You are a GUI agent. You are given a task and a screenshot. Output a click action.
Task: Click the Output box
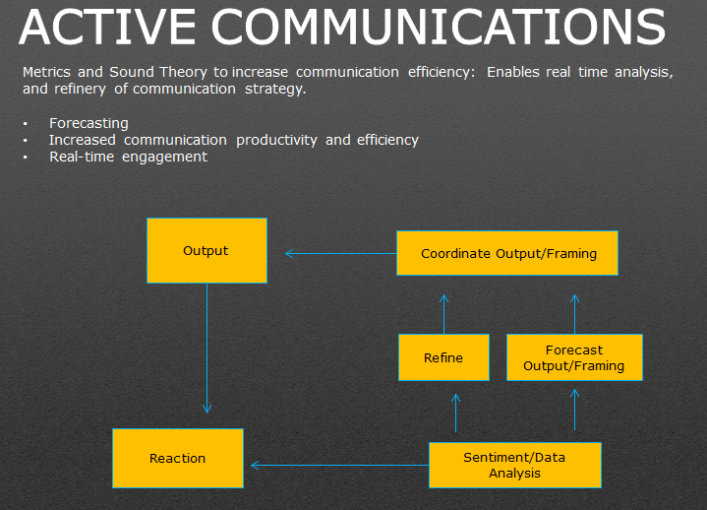tap(206, 251)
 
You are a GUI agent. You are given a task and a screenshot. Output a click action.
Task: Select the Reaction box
tap(178, 458)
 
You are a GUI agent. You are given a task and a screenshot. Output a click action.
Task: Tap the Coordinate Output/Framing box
tap(507, 253)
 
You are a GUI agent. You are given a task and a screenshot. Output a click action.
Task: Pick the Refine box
tap(443, 357)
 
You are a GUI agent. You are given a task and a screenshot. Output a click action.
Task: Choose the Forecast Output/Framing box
tap(574, 357)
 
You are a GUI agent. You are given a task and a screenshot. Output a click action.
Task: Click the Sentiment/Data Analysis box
tap(515, 465)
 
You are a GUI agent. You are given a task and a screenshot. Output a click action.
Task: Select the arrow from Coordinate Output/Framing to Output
tap(340, 253)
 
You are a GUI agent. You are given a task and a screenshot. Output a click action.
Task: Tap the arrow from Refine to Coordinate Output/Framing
tap(443, 313)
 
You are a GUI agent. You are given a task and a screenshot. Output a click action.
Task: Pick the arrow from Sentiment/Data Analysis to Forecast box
tap(575, 410)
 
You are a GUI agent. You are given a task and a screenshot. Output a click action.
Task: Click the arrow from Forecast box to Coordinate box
tap(575, 313)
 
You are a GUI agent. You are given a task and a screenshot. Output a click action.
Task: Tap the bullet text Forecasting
tap(88, 123)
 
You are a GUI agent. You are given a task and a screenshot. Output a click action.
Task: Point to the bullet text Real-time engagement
tap(128, 157)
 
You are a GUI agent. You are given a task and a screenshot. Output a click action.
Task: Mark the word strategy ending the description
tap(277, 89)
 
